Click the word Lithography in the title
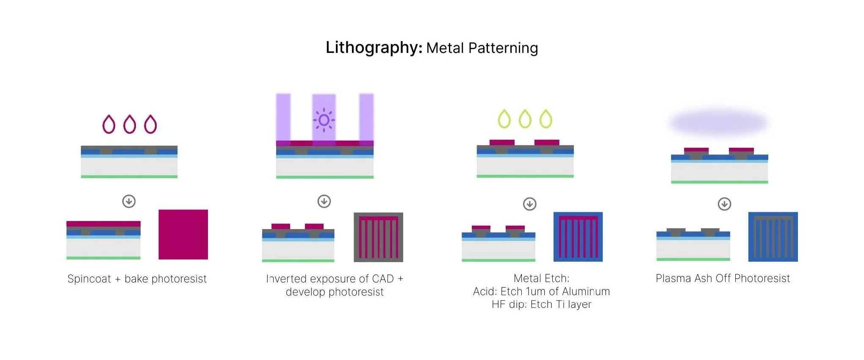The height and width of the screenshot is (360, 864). [x=374, y=47]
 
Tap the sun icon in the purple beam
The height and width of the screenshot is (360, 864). [x=324, y=120]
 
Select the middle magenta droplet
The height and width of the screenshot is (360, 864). [x=130, y=125]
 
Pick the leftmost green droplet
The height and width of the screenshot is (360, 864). [x=504, y=119]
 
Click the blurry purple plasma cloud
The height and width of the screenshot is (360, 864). [x=719, y=123]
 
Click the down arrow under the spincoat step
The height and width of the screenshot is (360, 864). [x=129, y=201]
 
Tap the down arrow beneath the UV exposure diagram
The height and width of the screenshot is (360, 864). [x=324, y=201]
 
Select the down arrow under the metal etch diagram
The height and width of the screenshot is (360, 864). [x=530, y=204]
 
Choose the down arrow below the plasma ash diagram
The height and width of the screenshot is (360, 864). [x=725, y=204]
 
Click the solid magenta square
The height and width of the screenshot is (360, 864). [x=183, y=234]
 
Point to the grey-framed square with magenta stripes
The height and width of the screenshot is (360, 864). [x=378, y=237]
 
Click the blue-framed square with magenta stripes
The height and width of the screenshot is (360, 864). [x=578, y=237]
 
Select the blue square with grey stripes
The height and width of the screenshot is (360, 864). [x=773, y=237]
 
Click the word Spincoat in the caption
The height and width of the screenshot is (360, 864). [x=89, y=279]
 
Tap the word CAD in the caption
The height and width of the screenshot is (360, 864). [x=382, y=279]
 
